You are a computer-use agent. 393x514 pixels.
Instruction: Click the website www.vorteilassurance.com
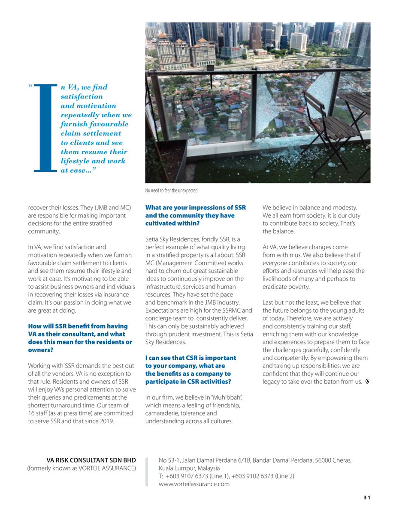pos(194,484)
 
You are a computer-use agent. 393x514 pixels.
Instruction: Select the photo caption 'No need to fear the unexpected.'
pos(172,191)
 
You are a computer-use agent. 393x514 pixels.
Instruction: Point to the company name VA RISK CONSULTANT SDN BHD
pos(91,460)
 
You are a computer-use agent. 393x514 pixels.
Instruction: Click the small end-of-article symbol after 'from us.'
pos(368,382)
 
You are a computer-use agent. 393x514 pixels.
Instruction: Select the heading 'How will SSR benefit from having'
pos(78,326)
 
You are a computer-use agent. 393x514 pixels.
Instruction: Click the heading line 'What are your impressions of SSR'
pos(195,208)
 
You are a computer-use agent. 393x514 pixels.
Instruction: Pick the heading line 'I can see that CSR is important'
pos(190,358)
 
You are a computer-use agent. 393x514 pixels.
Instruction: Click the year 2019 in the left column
pos(106,421)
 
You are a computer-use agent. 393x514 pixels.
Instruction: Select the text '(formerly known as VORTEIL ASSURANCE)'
pos(82,468)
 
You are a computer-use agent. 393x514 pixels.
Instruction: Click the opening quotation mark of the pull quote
pos(31,87)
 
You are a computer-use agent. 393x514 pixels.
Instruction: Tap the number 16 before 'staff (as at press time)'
pos(32,413)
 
